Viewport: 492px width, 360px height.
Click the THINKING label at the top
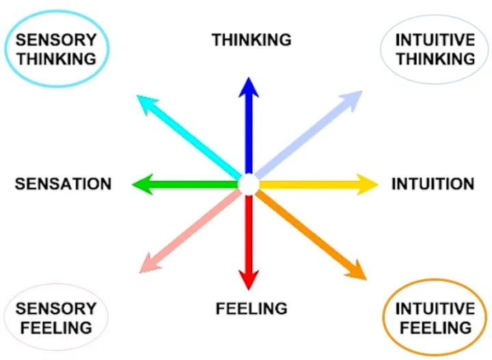(x=251, y=40)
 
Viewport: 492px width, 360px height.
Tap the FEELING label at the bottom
(x=251, y=309)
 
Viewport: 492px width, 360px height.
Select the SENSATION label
(x=63, y=184)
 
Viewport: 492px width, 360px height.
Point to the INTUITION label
(x=433, y=184)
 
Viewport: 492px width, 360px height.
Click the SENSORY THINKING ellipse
(x=57, y=49)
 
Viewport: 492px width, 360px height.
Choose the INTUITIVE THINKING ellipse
(x=435, y=49)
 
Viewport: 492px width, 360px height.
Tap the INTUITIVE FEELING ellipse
(x=435, y=318)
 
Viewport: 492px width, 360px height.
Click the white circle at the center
(x=248, y=184)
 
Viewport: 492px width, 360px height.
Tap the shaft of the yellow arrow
(x=307, y=183)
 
